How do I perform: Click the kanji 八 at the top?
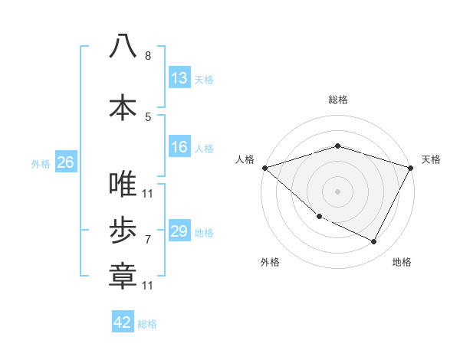pos(123,46)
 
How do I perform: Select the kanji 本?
pos(123,106)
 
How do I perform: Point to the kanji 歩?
pos(123,230)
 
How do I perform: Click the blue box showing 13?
pos(179,78)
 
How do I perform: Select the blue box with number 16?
pos(179,147)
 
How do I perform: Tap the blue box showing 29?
pos(179,231)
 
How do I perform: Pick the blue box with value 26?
pos(65,162)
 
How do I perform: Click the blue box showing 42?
pos(123,322)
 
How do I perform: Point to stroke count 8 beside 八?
pos(148,56)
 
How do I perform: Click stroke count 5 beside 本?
pos(148,116)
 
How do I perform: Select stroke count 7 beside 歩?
pos(148,240)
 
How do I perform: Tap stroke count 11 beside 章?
pos(147,286)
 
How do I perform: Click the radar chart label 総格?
pos(337,100)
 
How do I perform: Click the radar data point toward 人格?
pos(264,168)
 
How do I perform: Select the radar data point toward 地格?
pos(374,242)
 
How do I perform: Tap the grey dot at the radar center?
pos(337,191)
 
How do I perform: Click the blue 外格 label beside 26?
pos(41,163)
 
